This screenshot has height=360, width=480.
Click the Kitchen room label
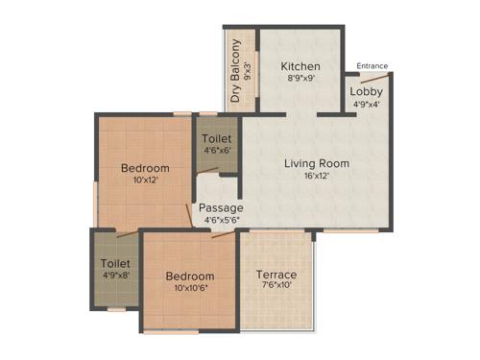click(300, 66)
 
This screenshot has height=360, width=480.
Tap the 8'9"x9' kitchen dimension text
click(300, 80)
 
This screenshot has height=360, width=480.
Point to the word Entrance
click(372, 65)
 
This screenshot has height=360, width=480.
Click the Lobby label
click(366, 92)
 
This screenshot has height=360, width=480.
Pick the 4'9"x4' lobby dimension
click(366, 105)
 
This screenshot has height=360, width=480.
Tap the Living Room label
click(317, 163)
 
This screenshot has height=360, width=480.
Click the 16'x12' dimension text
click(317, 177)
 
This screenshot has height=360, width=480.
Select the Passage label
click(221, 207)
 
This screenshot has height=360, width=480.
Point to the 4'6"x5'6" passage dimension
click(220, 220)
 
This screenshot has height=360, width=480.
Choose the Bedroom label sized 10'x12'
click(145, 168)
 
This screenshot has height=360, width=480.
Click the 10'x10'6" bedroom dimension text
click(188, 285)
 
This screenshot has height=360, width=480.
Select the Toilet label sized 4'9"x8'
click(115, 263)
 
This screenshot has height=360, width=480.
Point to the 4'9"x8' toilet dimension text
click(115, 276)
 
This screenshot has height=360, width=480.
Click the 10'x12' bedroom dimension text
click(145, 180)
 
